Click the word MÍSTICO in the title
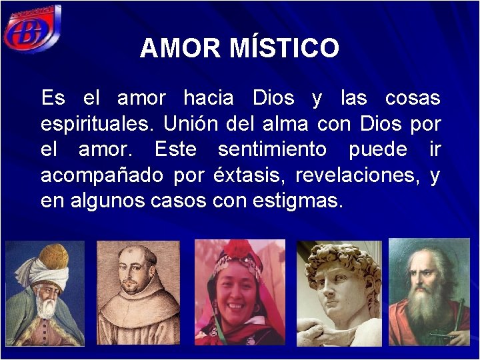284,48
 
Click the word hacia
209,98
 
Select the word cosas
413,98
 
